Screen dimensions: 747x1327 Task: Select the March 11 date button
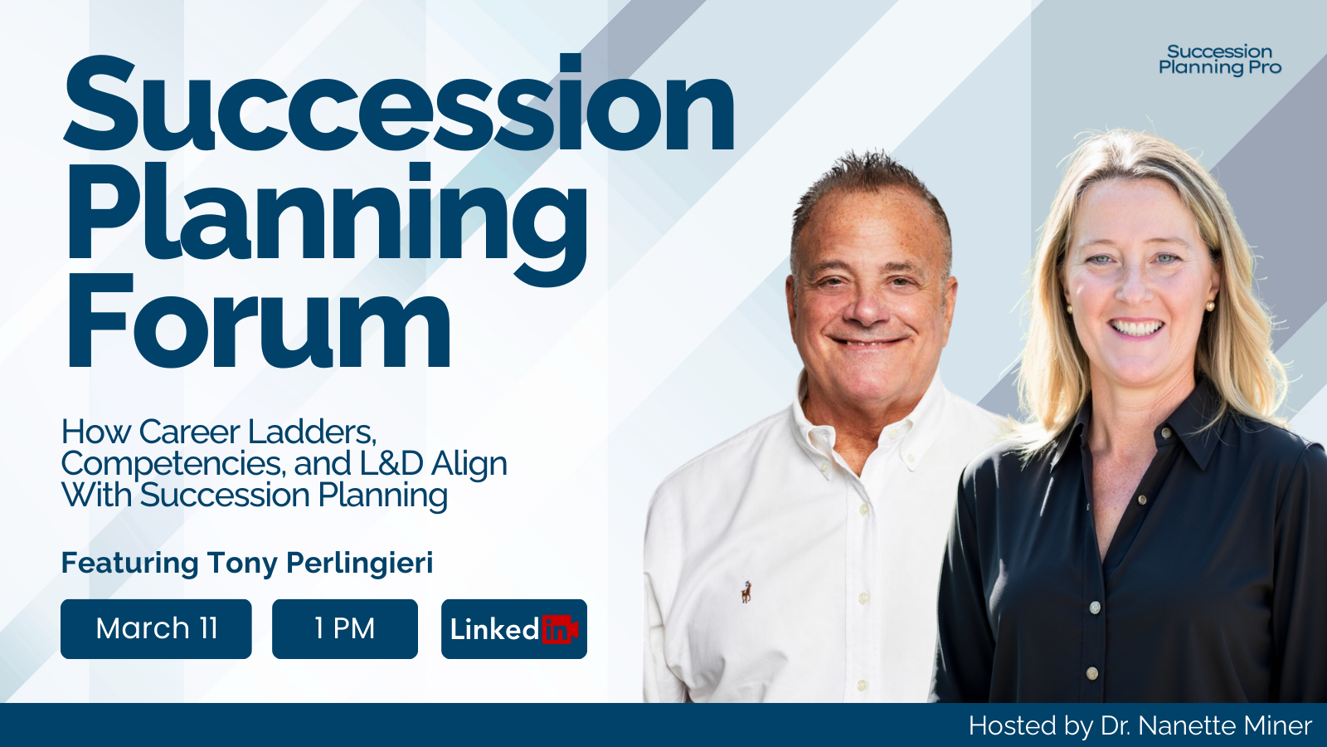coord(156,629)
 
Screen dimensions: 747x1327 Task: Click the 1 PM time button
coord(345,629)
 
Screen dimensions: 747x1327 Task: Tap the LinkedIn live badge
coord(514,629)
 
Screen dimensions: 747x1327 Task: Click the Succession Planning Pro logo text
coord(1219,60)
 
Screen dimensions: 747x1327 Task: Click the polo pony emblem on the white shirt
coord(746,592)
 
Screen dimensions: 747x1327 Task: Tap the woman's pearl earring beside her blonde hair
coord(1210,306)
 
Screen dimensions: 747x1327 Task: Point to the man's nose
coord(868,309)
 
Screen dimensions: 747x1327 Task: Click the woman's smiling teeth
coord(1137,328)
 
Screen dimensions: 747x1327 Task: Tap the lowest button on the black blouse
coord(1092,673)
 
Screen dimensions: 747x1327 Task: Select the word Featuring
coord(129,563)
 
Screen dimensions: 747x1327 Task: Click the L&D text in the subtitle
coord(391,464)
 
